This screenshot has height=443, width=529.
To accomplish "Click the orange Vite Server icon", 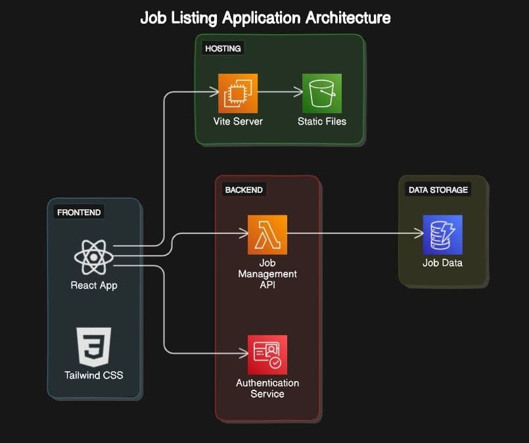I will pos(238,93).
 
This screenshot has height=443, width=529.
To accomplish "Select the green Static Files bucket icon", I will pos(322,93).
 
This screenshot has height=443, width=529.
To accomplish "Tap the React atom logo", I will pos(94,256).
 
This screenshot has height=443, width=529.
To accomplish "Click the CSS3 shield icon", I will pos(94,346).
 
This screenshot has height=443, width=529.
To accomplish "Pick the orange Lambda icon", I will pos(267,234).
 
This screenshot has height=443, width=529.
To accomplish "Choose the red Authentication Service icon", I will pos(267,355).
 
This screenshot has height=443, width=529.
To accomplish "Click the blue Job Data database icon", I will pos(442,234).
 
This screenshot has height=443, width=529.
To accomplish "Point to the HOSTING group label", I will pos(223,49).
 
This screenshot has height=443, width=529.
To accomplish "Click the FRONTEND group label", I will pos(80,213).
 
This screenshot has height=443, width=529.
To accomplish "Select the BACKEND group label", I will pos(244,190).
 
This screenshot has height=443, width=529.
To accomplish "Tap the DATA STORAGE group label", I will pos(438,190).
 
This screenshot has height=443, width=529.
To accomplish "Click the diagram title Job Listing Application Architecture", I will pos(265,18).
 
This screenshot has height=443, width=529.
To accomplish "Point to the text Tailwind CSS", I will pos(94,375).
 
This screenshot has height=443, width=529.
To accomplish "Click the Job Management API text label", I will pos(267,273).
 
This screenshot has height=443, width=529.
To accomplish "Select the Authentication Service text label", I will pos(267,388).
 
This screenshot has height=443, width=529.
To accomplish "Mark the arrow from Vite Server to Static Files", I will pos(279,93).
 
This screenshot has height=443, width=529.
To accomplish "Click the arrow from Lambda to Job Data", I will pos(355,233).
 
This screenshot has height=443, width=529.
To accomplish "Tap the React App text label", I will pos(94,285).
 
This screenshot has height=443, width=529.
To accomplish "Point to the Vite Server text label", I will pos(238,121).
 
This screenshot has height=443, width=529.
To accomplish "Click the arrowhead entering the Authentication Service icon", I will pos(242,354).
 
